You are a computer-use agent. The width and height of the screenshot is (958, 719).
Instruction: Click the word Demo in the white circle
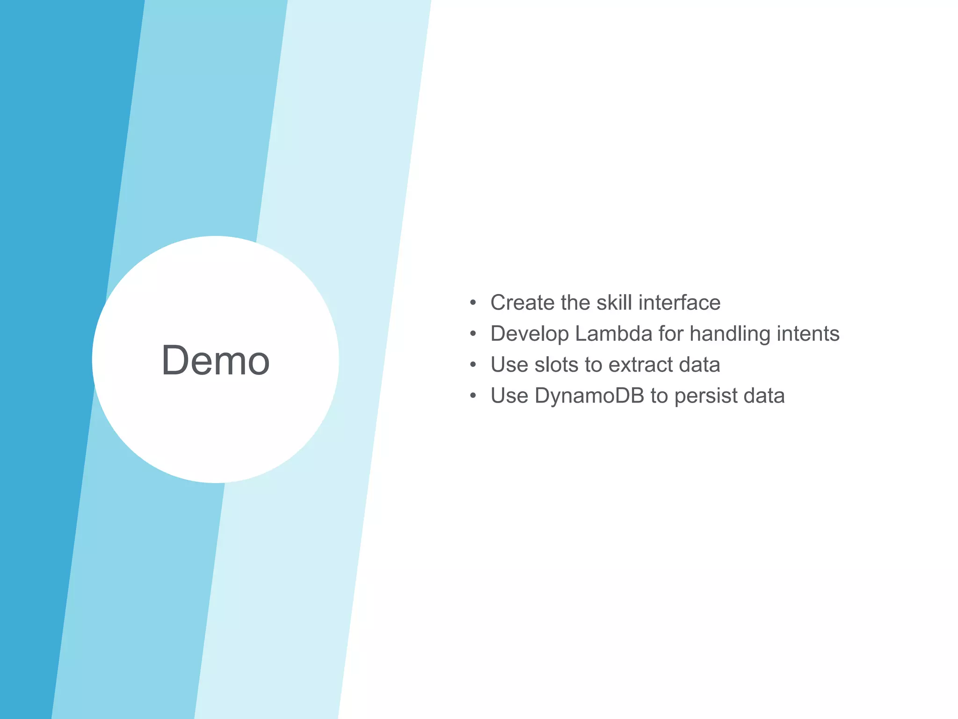pyautogui.click(x=215, y=360)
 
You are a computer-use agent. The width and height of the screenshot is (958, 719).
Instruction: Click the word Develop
pyautogui.click(x=529, y=334)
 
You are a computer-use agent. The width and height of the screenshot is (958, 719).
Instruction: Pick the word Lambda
pyautogui.click(x=613, y=334)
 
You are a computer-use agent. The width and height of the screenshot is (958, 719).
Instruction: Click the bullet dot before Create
pyautogui.click(x=473, y=303)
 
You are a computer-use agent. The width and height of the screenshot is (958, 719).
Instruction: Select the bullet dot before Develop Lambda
pyautogui.click(x=473, y=334)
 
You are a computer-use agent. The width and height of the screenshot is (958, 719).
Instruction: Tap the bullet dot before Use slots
pyautogui.click(x=473, y=365)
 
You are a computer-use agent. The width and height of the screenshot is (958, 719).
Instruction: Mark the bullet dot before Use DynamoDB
pyautogui.click(x=473, y=396)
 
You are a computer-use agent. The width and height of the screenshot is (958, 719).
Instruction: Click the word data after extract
pyautogui.click(x=699, y=365)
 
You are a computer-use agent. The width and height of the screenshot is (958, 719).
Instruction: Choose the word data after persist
pyautogui.click(x=764, y=396)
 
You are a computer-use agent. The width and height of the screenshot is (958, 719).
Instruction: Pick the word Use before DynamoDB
pyautogui.click(x=509, y=396)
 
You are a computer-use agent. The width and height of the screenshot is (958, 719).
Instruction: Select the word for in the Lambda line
pyautogui.click(x=671, y=334)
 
